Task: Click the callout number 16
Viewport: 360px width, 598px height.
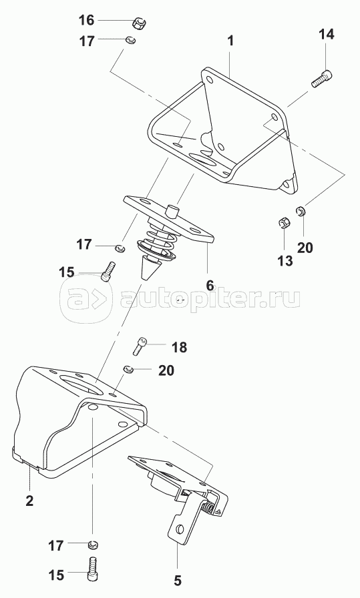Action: [x=87, y=20]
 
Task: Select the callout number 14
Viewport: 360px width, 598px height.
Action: [x=327, y=34]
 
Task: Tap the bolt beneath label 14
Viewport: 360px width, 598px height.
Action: [x=321, y=79]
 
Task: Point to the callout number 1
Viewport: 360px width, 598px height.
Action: [x=230, y=41]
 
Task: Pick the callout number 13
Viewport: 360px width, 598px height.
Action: [x=285, y=261]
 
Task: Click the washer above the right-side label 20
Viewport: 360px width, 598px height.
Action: [x=301, y=210]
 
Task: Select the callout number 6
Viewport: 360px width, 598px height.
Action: [x=210, y=284]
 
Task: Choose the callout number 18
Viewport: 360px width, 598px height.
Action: [x=179, y=348]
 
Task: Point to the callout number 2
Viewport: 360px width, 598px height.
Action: [x=29, y=501]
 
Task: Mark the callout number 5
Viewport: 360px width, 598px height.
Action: [x=178, y=581]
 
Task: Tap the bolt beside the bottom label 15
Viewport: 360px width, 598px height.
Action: [x=93, y=572]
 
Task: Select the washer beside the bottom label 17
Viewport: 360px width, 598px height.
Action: [x=92, y=545]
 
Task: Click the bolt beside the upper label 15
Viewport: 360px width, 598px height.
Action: [x=108, y=271]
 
